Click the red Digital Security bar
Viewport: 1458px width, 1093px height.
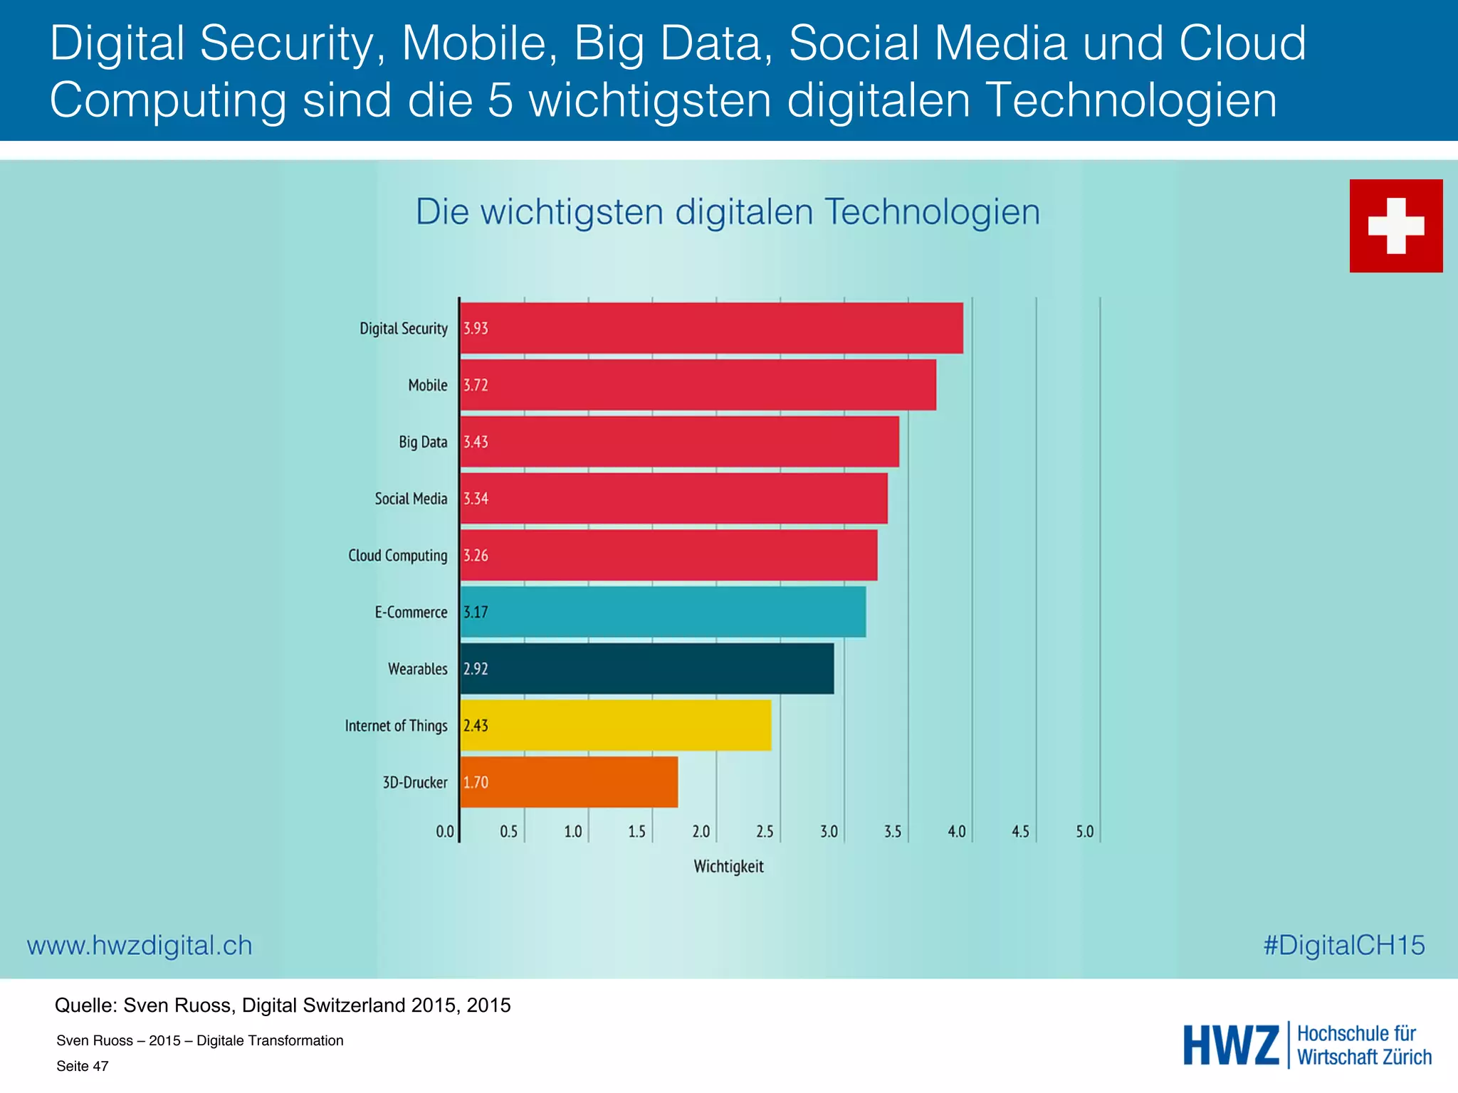click(x=712, y=328)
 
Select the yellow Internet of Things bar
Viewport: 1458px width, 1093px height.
click(x=616, y=725)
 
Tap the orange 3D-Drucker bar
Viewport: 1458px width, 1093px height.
click(x=570, y=782)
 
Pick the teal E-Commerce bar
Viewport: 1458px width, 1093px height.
click(x=663, y=612)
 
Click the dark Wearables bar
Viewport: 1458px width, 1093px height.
click(x=647, y=669)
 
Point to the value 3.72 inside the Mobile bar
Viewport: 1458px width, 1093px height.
click(x=476, y=385)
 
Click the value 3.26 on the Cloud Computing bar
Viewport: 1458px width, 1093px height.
click(x=476, y=555)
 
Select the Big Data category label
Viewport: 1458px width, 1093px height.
click(x=423, y=442)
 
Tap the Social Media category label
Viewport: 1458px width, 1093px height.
click(x=411, y=499)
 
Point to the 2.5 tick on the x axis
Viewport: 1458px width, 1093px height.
click(x=765, y=831)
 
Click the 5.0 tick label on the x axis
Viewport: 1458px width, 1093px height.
click(x=1084, y=831)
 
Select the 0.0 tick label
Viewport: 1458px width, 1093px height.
click(x=444, y=831)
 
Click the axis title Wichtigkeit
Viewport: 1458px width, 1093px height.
click(x=728, y=867)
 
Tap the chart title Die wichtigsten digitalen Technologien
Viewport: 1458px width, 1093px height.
click(x=728, y=212)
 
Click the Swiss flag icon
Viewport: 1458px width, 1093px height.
click(x=1395, y=226)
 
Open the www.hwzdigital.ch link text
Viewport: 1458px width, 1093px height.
click(x=140, y=946)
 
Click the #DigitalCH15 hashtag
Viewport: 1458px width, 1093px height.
click(x=1343, y=946)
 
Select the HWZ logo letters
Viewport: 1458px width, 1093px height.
click(x=1231, y=1045)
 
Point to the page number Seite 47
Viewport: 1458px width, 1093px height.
click(x=83, y=1066)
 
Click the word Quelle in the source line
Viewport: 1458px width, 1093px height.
click(x=85, y=1005)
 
